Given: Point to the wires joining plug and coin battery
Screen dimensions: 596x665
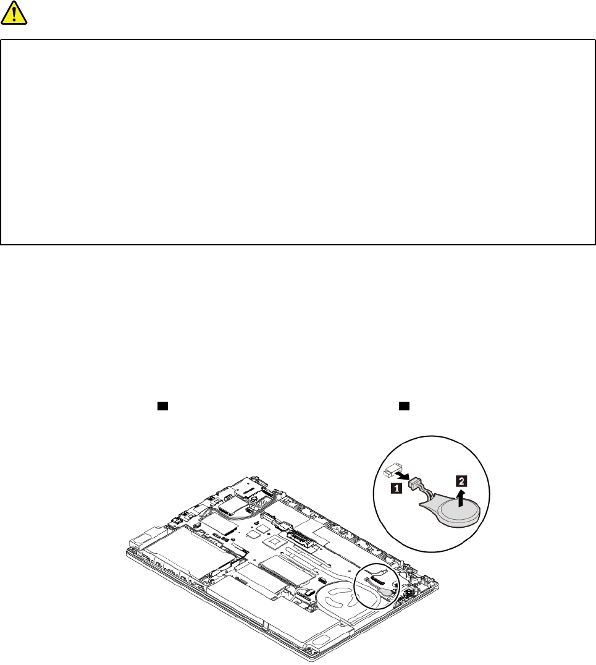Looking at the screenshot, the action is pyautogui.click(x=425, y=494).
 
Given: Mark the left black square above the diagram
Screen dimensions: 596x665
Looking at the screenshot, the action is pyautogui.click(x=162, y=406).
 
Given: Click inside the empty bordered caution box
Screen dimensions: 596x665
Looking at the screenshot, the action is pyautogui.click(x=298, y=142).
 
